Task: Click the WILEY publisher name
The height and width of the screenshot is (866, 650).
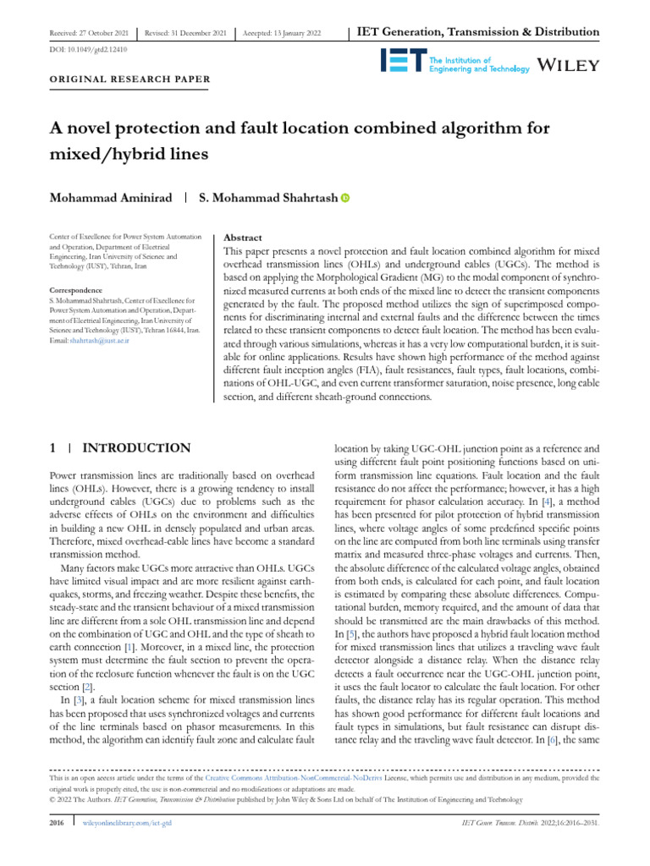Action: (x=570, y=65)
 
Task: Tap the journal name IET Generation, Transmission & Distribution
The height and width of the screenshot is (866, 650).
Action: (x=479, y=32)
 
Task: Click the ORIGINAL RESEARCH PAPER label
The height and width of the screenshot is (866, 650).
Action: (x=122, y=79)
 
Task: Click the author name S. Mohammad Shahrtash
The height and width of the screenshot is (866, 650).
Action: (x=267, y=198)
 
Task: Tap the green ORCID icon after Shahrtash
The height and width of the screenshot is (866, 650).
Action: (x=345, y=198)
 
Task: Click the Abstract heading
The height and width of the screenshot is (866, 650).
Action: (x=241, y=238)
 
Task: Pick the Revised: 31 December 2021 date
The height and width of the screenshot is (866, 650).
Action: (x=186, y=32)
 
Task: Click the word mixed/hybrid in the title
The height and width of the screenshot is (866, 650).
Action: (x=92, y=156)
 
